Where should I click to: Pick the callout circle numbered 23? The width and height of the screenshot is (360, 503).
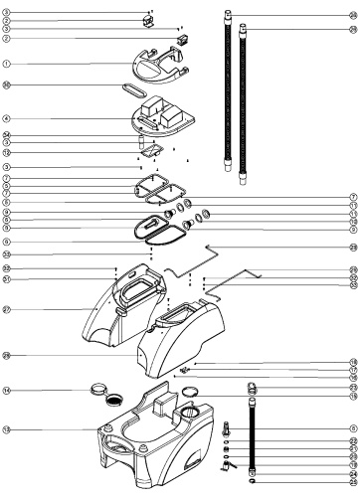[x=353, y=387]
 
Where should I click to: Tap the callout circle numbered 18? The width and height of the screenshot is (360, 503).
[x=353, y=362]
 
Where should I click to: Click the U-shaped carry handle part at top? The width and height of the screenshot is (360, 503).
[x=149, y=64]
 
